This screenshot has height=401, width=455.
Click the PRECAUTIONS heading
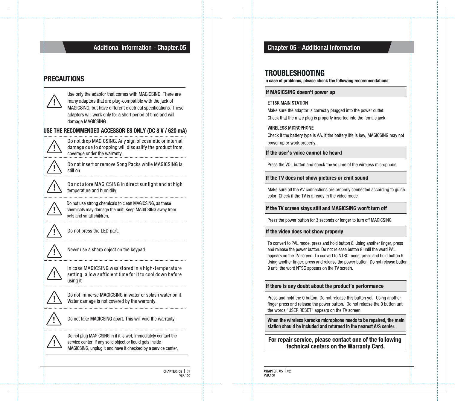(x=64, y=79)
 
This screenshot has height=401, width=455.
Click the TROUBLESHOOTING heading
(x=294, y=73)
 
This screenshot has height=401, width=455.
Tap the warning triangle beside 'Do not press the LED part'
(x=54, y=231)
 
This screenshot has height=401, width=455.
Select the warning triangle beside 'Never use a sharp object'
(x=54, y=251)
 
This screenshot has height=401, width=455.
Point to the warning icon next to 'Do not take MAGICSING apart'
(x=54, y=319)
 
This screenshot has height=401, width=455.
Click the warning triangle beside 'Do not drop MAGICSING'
(x=54, y=147)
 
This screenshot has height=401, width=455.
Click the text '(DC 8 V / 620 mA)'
(x=167, y=131)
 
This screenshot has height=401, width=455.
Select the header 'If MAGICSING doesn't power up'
(x=300, y=92)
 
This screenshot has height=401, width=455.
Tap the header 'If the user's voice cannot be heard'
(x=304, y=153)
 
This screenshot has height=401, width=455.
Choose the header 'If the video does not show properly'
(x=304, y=232)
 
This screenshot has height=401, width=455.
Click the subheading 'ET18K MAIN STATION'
(x=287, y=103)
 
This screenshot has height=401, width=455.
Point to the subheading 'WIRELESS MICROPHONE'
(x=290, y=128)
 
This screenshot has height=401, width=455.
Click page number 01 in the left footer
(x=188, y=371)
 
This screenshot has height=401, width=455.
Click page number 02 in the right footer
(x=289, y=371)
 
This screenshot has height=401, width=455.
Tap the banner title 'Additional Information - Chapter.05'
(x=139, y=48)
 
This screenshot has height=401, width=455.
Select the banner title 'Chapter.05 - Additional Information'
(x=314, y=48)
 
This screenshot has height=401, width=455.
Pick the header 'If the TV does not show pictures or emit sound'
(x=317, y=178)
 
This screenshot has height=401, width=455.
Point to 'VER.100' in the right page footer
(x=269, y=376)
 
